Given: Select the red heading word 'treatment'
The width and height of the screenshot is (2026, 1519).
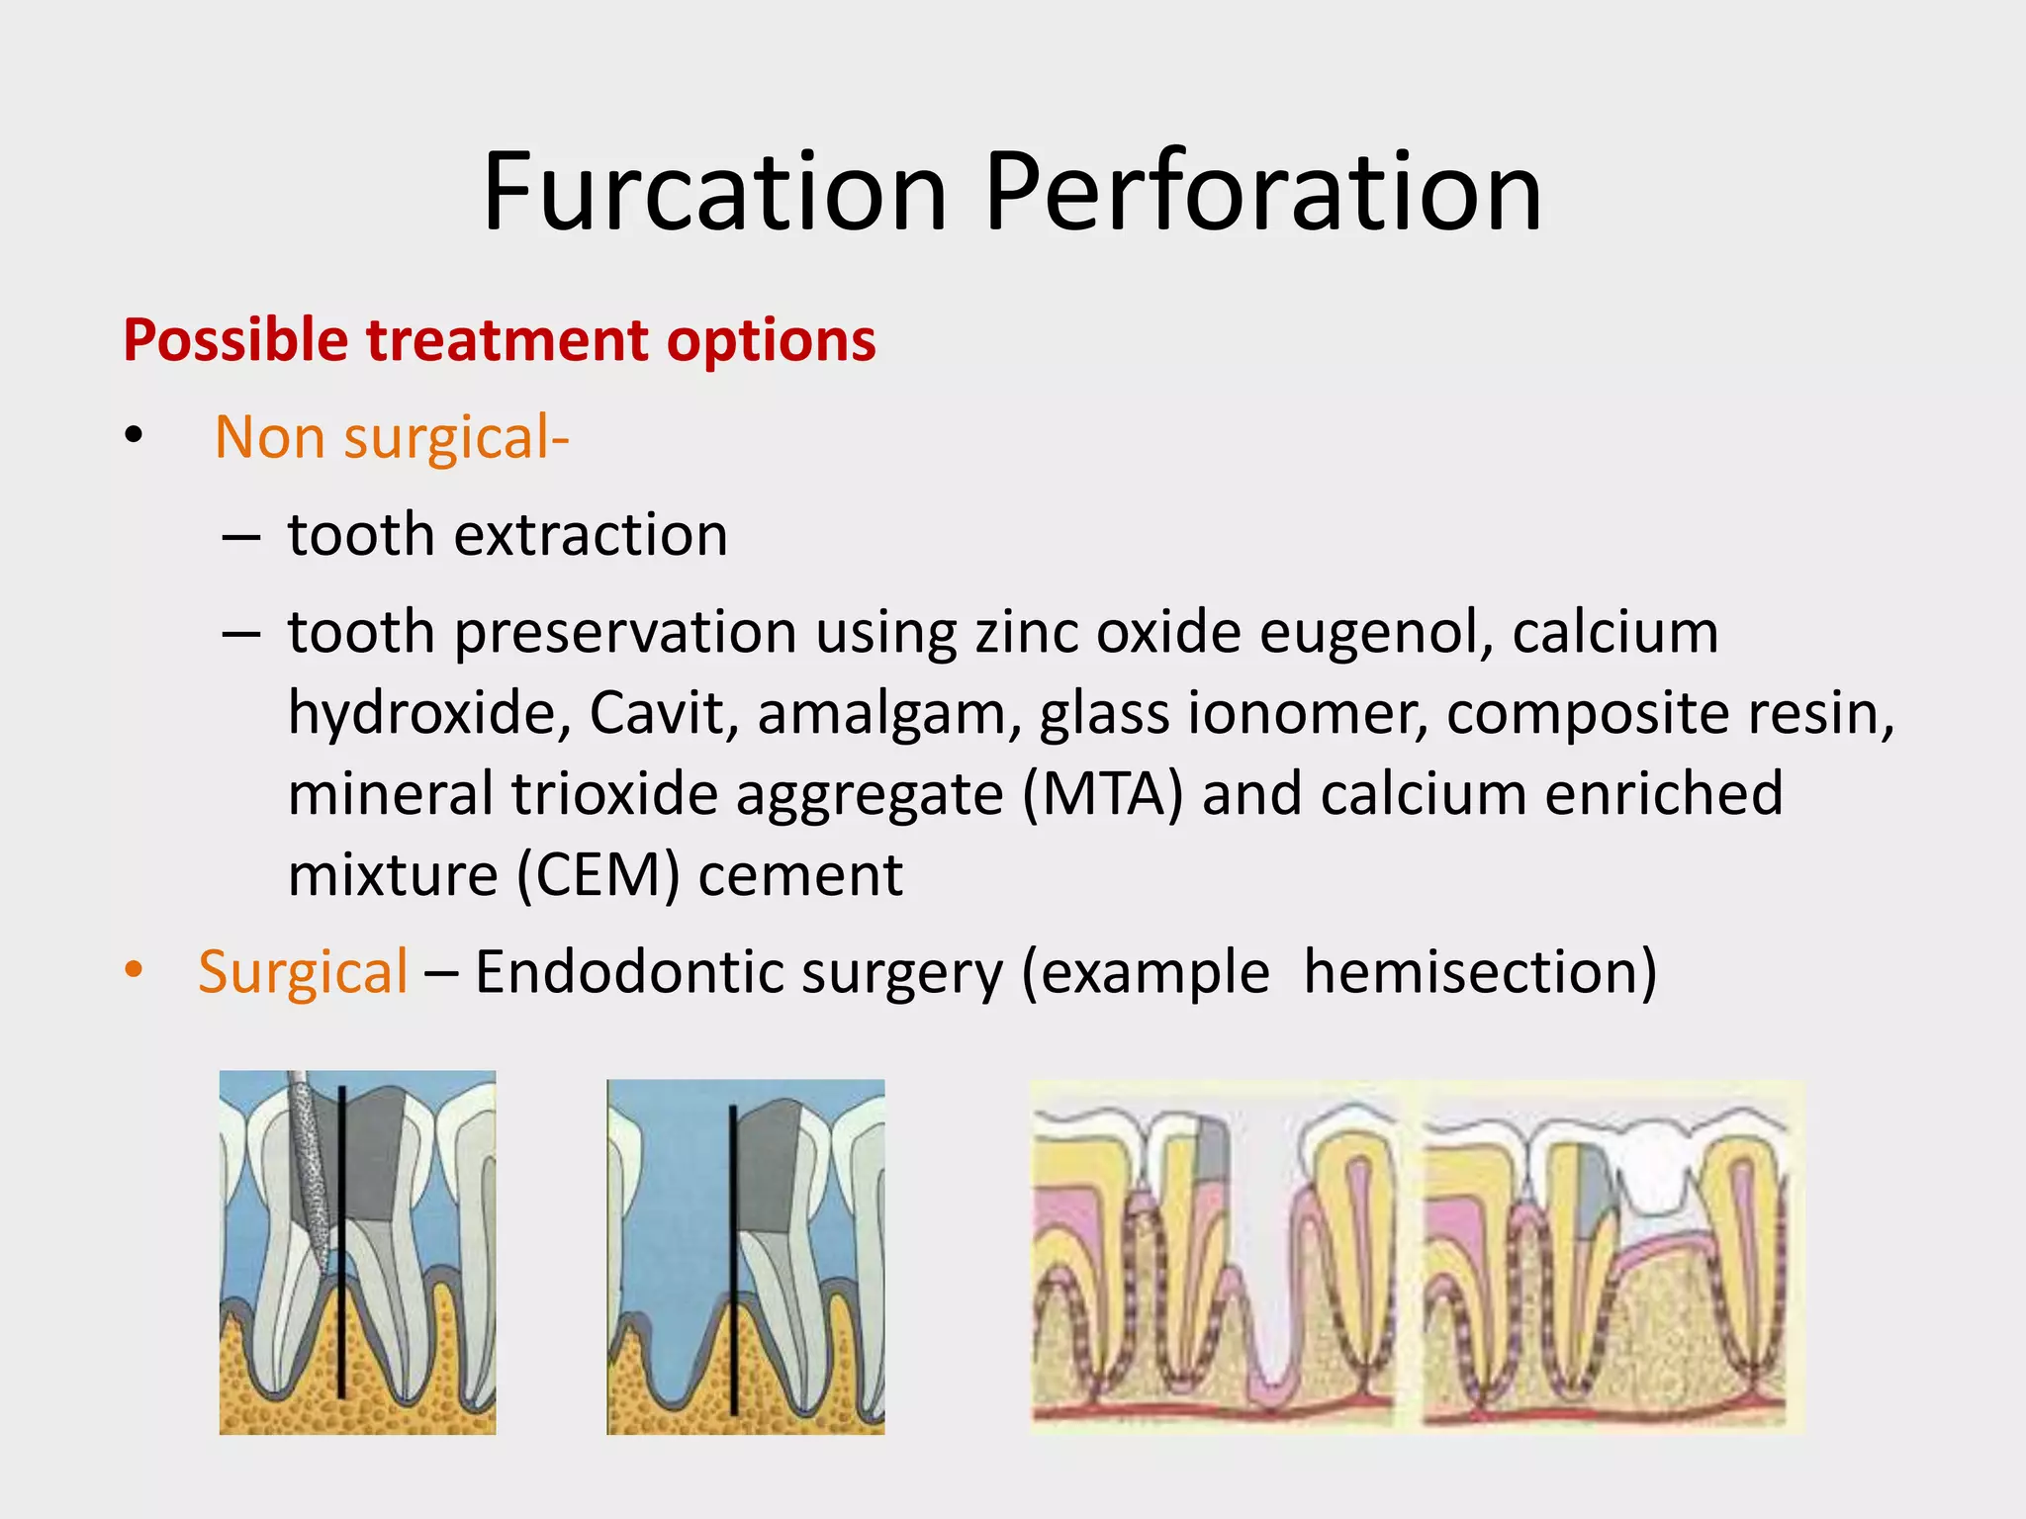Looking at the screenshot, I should [507, 340].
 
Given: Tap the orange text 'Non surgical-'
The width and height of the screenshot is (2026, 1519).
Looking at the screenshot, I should [392, 437].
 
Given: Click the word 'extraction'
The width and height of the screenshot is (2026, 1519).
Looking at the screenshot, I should [591, 535].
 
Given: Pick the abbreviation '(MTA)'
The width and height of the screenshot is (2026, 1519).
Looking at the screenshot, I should [1102, 794].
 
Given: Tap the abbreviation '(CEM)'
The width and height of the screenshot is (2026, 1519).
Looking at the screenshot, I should [598, 875].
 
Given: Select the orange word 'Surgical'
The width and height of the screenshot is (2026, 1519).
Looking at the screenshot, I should [303, 972].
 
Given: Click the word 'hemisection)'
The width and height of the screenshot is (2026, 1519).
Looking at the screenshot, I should [1480, 972].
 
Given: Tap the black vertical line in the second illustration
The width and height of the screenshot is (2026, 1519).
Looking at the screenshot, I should [733, 1256].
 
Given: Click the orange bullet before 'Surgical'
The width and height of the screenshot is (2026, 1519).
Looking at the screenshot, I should [135, 970].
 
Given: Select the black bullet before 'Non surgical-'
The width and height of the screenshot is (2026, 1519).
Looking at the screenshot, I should [135, 435].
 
